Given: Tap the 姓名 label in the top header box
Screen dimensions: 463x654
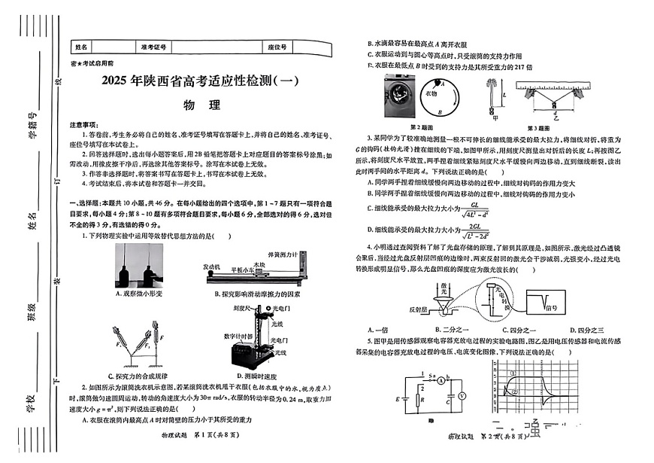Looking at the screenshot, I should [82, 47].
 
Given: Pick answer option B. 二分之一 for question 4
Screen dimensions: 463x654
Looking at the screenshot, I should [450, 329].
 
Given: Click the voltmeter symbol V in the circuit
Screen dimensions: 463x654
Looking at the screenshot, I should [464, 394].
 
